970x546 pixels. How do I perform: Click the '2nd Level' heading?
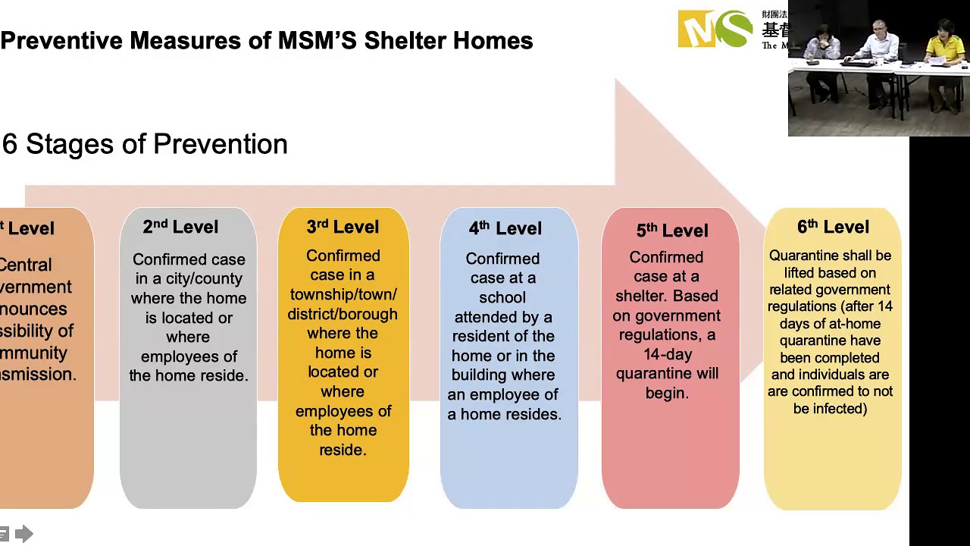[x=180, y=227]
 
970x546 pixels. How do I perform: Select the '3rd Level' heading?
[x=343, y=227]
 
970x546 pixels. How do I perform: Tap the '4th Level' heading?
[x=505, y=228]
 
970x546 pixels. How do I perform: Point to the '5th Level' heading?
[x=672, y=231]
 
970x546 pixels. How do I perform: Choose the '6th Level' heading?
[x=833, y=227]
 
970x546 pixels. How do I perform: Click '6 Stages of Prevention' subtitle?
[x=145, y=144]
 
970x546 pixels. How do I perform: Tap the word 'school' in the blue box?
[x=502, y=297]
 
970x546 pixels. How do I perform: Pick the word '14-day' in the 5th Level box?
[x=667, y=354]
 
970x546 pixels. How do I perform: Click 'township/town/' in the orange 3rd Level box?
[x=343, y=294]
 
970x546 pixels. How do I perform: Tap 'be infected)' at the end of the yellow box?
[x=830, y=409]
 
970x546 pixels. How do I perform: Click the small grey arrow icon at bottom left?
[x=24, y=535]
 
